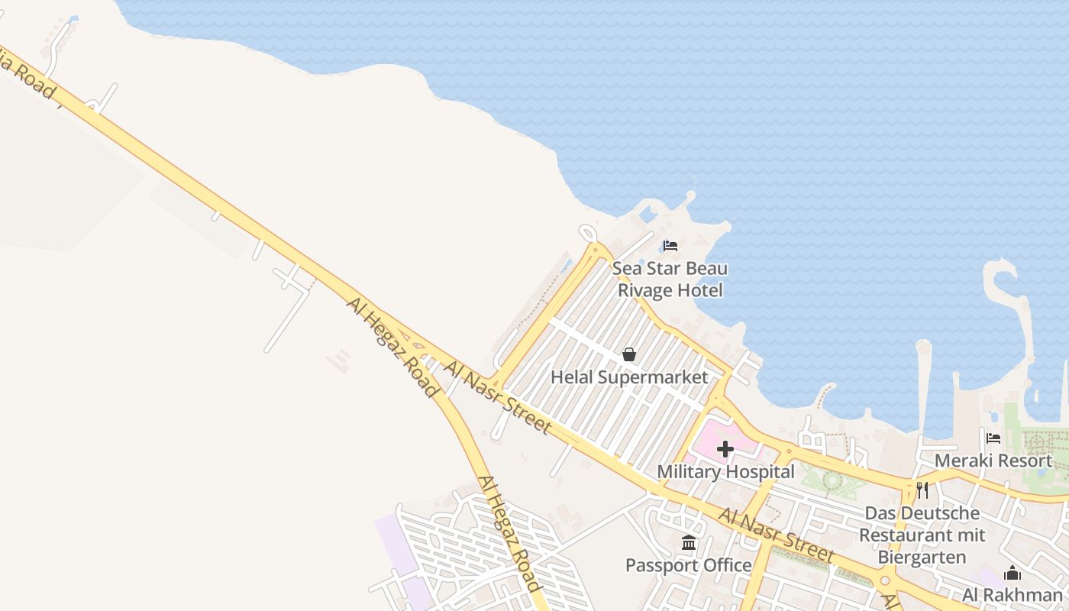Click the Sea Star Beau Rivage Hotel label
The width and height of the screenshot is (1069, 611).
coord(670,280)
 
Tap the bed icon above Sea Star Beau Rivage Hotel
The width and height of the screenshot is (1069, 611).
coord(670,246)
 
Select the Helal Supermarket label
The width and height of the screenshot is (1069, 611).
coord(629,377)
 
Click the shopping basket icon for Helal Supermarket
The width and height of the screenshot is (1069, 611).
coord(629,354)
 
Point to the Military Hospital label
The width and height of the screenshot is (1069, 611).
coord(725,472)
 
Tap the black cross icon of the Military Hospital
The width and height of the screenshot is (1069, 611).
coord(725,449)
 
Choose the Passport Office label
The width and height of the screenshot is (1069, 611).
coord(689,565)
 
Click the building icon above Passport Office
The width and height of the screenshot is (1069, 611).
coord(689,543)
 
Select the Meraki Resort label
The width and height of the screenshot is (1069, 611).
coord(993,461)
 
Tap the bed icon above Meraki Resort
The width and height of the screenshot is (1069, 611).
coord(993,438)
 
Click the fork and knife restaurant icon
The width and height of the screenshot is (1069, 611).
coord(922,490)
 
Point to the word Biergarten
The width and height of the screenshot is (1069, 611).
coord(922,557)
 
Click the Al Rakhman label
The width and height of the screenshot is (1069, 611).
coord(1012,594)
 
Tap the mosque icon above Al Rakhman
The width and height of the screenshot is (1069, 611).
coord(1012,573)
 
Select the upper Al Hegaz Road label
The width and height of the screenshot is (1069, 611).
coord(392,347)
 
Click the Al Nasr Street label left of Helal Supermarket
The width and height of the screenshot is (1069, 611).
coord(497,397)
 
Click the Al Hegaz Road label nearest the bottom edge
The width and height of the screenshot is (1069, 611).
coord(509,533)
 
